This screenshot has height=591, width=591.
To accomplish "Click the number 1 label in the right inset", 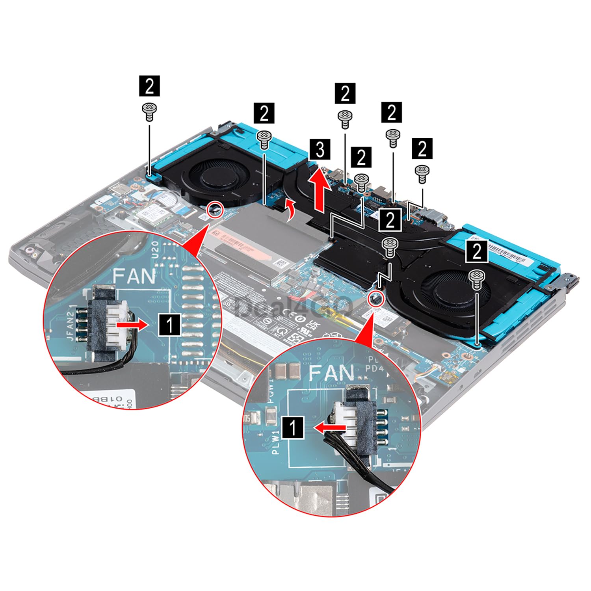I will point(293,427).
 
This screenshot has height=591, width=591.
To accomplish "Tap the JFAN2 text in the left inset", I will point(70,323).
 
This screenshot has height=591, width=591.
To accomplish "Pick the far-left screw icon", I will point(149,111).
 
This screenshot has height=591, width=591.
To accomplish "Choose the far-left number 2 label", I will point(149,86).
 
